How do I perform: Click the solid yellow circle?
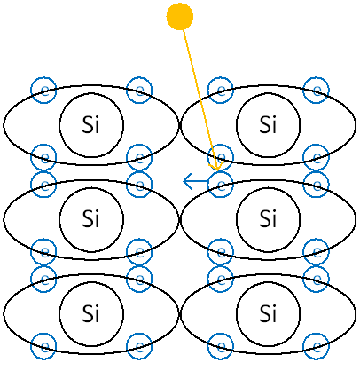[x=180, y=17]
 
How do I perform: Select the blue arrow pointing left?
[x=196, y=181]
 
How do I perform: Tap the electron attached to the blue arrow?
[x=221, y=185]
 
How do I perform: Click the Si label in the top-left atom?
[x=91, y=124]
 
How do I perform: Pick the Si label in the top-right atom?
[x=268, y=124]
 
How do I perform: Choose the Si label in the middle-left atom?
[x=91, y=218]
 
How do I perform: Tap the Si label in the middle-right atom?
[x=268, y=218]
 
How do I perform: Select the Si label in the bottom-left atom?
[x=91, y=313]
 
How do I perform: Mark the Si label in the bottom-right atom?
[x=268, y=313]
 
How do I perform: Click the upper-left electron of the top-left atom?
[x=43, y=90]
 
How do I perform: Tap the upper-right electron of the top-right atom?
[x=316, y=90]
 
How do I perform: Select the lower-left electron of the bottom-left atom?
[x=43, y=346]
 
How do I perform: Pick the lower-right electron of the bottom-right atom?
[x=316, y=346]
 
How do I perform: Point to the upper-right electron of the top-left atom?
[x=139, y=90]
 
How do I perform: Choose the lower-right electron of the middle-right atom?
[x=316, y=252]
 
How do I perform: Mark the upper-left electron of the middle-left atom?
[x=43, y=185]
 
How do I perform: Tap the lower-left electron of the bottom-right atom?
[x=221, y=346]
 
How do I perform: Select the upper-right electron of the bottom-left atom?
[x=139, y=279]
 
